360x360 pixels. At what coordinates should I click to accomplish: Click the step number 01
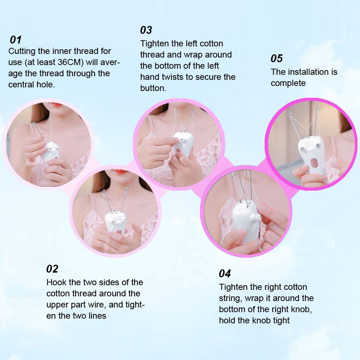coord(16,40)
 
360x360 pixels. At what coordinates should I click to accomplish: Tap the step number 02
coord(52,269)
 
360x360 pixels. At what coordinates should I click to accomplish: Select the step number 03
coord(146,29)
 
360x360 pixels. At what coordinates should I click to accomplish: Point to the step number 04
coord(225,274)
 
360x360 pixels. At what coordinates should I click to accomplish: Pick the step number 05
coord(277,58)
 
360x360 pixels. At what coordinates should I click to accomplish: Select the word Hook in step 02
coord(56,282)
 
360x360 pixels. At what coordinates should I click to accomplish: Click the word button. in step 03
coord(153,88)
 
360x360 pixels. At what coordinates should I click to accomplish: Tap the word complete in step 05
coord(288,83)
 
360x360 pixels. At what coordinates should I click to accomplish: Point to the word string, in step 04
coord(233,298)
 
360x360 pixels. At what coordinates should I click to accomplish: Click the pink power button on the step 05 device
coord(315,162)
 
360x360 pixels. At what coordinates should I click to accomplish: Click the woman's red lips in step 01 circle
coord(57,105)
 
